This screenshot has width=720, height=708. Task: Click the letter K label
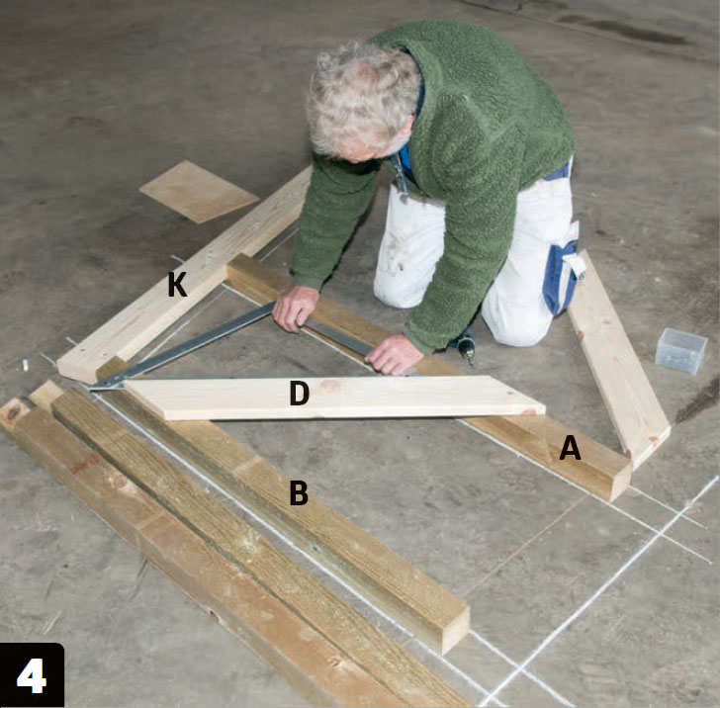pos(177,284)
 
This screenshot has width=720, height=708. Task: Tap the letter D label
pos(300,393)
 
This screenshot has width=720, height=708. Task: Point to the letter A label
pos(570,448)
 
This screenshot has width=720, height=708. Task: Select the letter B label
pos(299,492)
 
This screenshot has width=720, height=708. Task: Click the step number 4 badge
pos(32,675)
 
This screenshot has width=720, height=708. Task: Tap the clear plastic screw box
pos(680,350)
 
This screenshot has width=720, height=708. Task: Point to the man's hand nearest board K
pos(295,308)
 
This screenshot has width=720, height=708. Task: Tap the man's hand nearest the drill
pos(394,354)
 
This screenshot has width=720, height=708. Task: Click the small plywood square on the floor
pos(199,191)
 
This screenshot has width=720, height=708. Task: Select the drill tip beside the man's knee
pos(469,358)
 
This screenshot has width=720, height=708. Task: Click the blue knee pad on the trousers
pos(560,277)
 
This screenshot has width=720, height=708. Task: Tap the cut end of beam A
pos(621,484)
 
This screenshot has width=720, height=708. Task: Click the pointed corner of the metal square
pos(92,389)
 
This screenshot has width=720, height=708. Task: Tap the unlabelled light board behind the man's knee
pos(617,359)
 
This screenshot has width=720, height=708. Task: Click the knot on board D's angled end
pos(528,412)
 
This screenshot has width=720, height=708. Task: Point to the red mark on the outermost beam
pos(83,464)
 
